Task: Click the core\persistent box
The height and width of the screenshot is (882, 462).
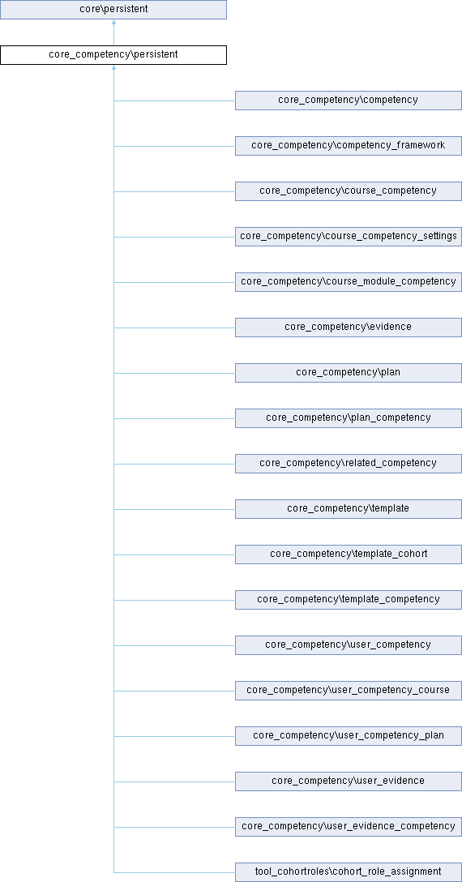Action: [113, 10]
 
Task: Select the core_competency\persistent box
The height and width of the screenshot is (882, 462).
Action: [113, 55]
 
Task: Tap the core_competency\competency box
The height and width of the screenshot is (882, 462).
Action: [349, 101]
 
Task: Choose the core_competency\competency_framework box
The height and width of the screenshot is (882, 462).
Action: [349, 146]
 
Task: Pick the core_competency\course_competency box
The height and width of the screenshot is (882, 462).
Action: [349, 191]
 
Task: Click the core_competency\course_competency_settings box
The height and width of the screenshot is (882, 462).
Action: [349, 236]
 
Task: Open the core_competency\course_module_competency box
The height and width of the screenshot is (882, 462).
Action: [349, 282]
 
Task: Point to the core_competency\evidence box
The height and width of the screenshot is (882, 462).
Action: [349, 328]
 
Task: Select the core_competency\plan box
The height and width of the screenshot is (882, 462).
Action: [349, 372]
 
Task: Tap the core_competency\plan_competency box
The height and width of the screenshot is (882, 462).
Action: [349, 418]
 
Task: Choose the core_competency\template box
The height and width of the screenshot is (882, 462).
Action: [349, 508]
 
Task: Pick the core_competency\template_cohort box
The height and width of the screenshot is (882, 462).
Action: [349, 554]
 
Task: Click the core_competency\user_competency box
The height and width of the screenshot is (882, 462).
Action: [349, 644]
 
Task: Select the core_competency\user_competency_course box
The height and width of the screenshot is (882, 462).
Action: [349, 690]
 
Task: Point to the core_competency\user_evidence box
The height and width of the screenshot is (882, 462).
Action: [349, 781]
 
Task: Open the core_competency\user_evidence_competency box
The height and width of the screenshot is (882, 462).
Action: [349, 826]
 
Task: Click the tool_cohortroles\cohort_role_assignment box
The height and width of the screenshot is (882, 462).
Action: [349, 872]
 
